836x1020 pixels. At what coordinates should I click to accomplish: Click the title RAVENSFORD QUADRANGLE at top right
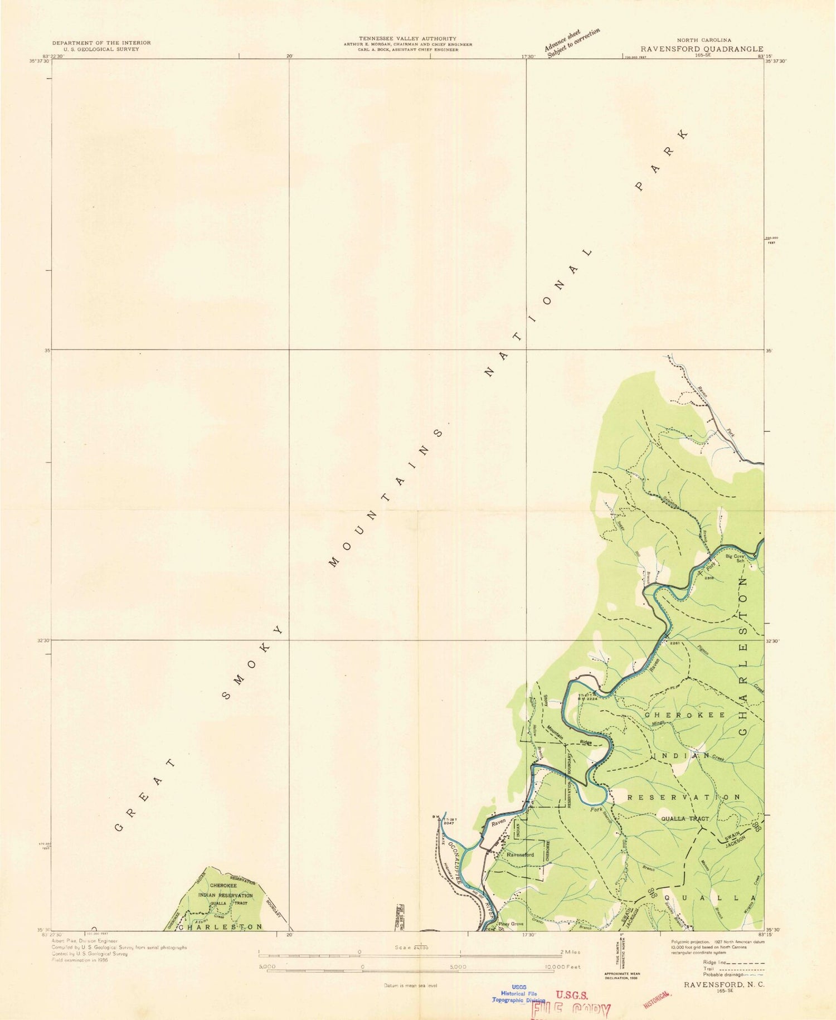click(x=702, y=49)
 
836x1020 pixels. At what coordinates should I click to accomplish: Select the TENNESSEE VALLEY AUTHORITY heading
click(x=408, y=38)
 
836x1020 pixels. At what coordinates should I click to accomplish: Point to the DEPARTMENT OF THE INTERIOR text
click(x=101, y=43)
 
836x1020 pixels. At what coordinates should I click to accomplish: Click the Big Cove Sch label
click(x=736, y=558)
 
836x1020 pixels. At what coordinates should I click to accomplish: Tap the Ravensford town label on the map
click(x=520, y=854)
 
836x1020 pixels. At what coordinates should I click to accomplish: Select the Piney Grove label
click(x=511, y=924)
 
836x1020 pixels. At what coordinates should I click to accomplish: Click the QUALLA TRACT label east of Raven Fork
click(x=684, y=819)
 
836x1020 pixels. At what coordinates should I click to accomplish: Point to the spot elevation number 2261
click(x=675, y=643)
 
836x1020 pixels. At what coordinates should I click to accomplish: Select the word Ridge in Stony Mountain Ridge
click(x=585, y=742)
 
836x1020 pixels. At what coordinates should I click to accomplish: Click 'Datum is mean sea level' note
click(x=410, y=985)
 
